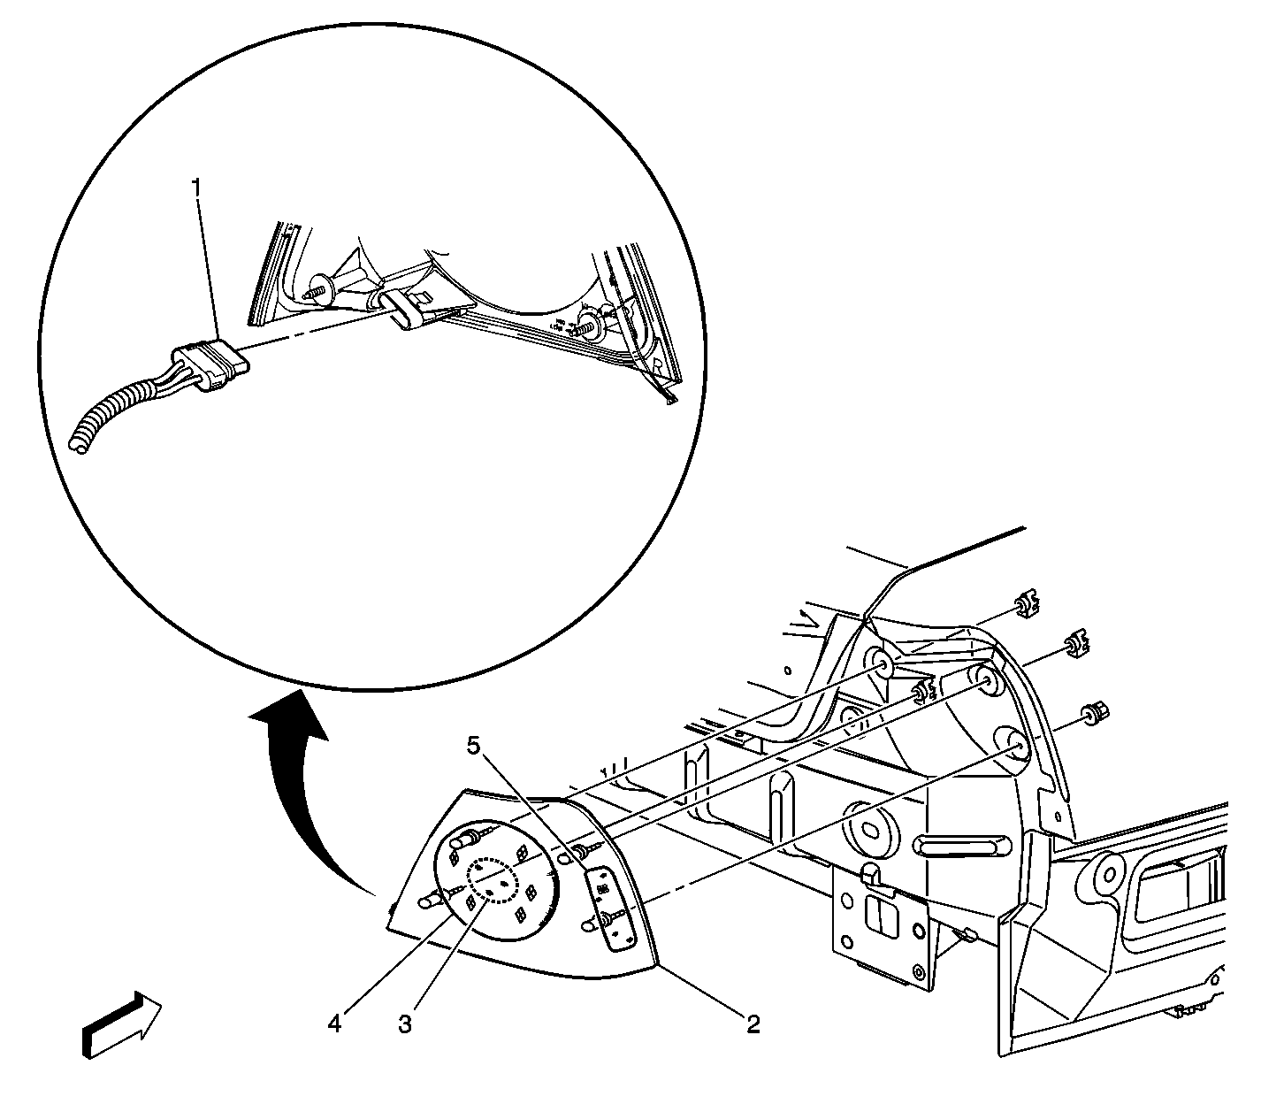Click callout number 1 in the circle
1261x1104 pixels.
pyautogui.click(x=197, y=188)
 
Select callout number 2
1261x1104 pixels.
pyautogui.click(x=753, y=1023)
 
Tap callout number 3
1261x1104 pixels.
pyautogui.click(x=404, y=1024)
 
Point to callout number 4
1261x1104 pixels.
pyautogui.click(x=334, y=1023)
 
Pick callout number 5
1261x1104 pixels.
pyautogui.click(x=475, y=747)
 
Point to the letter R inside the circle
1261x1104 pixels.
pyautogui.click(x=657, y=365)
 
